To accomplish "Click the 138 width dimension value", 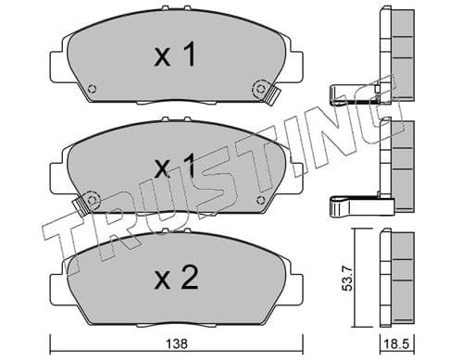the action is [177, 343].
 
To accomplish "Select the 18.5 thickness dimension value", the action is [397, 344].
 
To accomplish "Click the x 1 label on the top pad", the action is [175, 55].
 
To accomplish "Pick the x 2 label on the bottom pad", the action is [176, 278].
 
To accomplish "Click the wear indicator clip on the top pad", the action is [273, 96].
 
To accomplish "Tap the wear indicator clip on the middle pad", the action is [80, 206].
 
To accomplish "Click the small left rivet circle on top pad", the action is [92, 89].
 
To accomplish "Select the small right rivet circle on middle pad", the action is [261, 200].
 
